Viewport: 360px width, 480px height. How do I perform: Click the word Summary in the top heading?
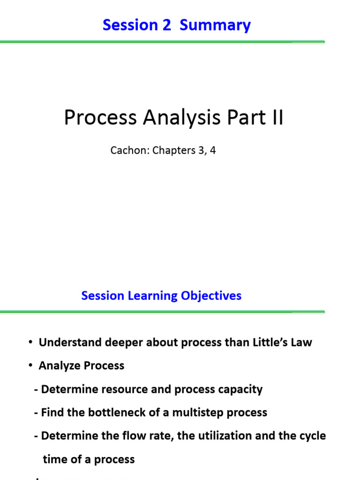click(215, 25)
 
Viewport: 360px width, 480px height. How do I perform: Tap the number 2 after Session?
click(167, 25)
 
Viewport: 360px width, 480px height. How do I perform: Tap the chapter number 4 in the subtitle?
click(213, 151)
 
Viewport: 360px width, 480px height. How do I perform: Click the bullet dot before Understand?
click(30, 342)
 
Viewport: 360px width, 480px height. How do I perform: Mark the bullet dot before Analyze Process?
click(30, 366)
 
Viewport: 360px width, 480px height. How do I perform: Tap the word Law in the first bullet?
click(301, 342)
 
